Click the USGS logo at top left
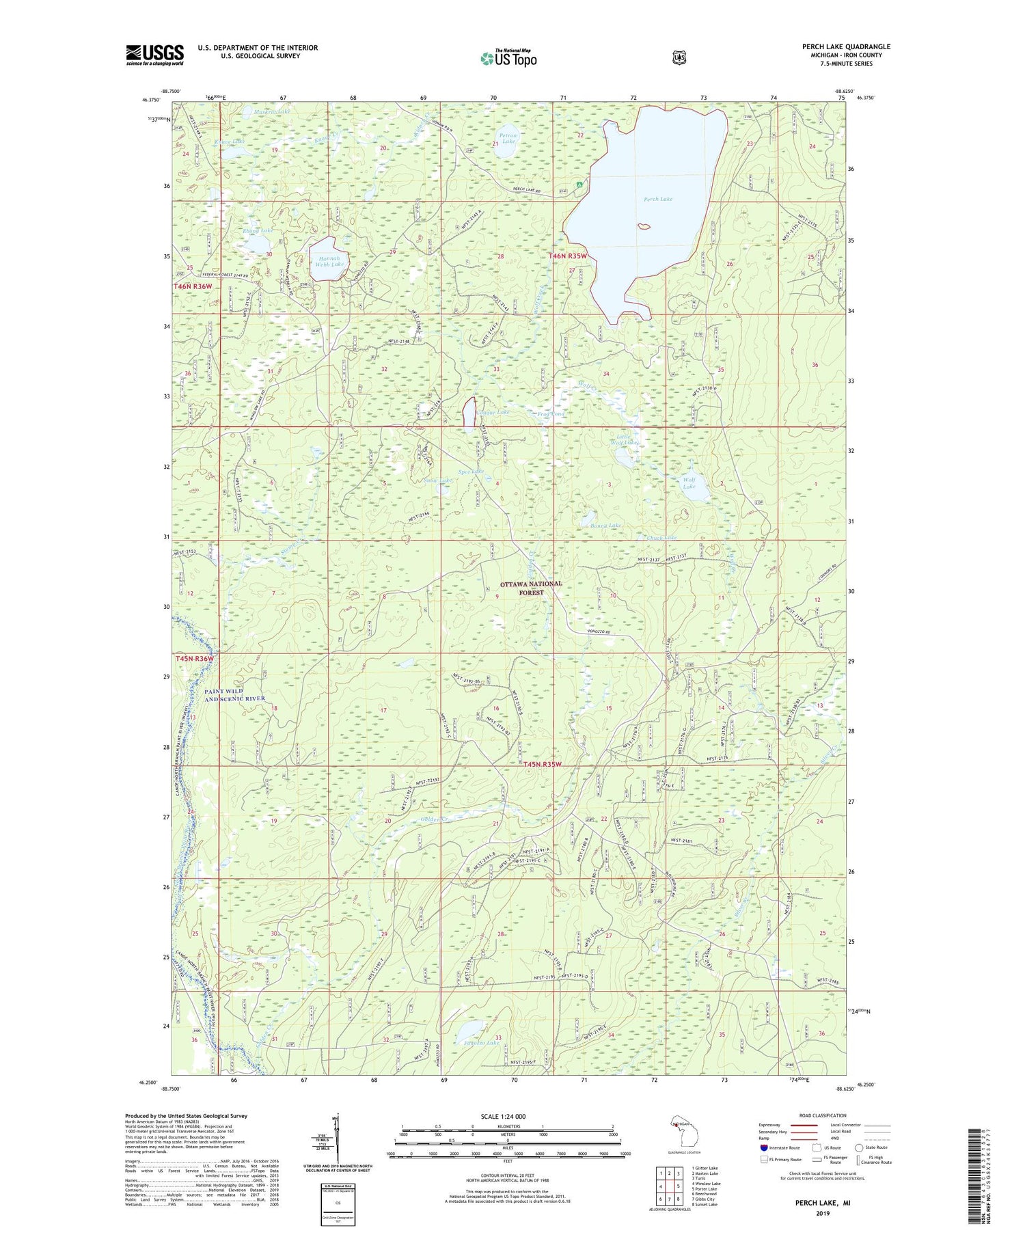pos(154,55)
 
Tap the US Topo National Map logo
pos(508,58)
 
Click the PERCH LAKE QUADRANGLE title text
pos(846,47)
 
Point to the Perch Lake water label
pos(658,200)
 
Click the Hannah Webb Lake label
pos(329,261)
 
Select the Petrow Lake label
pos(508,139)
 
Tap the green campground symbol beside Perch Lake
pos(579,185)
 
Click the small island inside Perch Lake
pos(643,226)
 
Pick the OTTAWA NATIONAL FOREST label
pos(531,588)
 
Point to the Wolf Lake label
pos(689,482)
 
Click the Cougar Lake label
pos(493,413)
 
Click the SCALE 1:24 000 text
pos(503,1117)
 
